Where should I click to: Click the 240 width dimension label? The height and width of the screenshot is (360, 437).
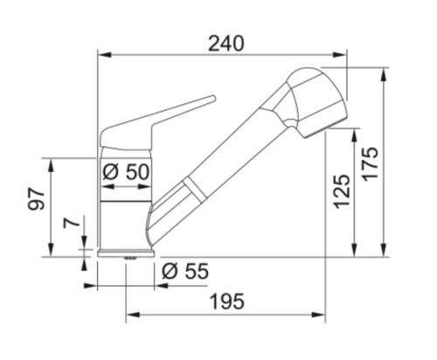coord(226,44)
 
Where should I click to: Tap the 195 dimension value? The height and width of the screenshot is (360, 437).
coord(227,301)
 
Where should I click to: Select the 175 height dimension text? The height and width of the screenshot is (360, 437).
coord(371,164)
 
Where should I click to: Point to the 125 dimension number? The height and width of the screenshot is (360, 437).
coord(342,191)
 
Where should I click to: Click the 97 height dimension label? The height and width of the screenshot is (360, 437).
coord(36,199)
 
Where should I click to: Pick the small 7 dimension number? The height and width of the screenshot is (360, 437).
coord(72,223)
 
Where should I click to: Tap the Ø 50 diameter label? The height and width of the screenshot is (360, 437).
coord(126,171)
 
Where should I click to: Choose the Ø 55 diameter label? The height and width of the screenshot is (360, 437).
coord(185,271)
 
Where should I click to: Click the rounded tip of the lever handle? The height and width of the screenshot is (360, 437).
coord(213,98)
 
